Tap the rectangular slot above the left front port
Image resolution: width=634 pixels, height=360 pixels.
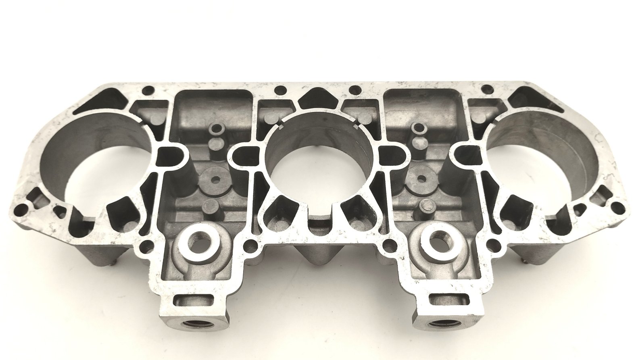(195, 300)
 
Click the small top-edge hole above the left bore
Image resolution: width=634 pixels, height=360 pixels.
(149, 90)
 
